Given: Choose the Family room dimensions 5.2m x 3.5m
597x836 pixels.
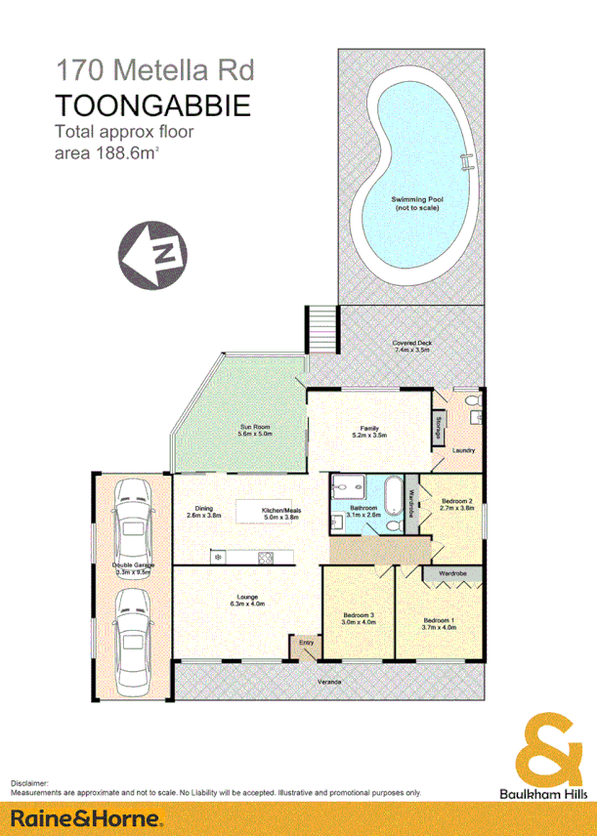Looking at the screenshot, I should [370, 436].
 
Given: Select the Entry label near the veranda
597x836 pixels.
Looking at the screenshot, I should [306, 642].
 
